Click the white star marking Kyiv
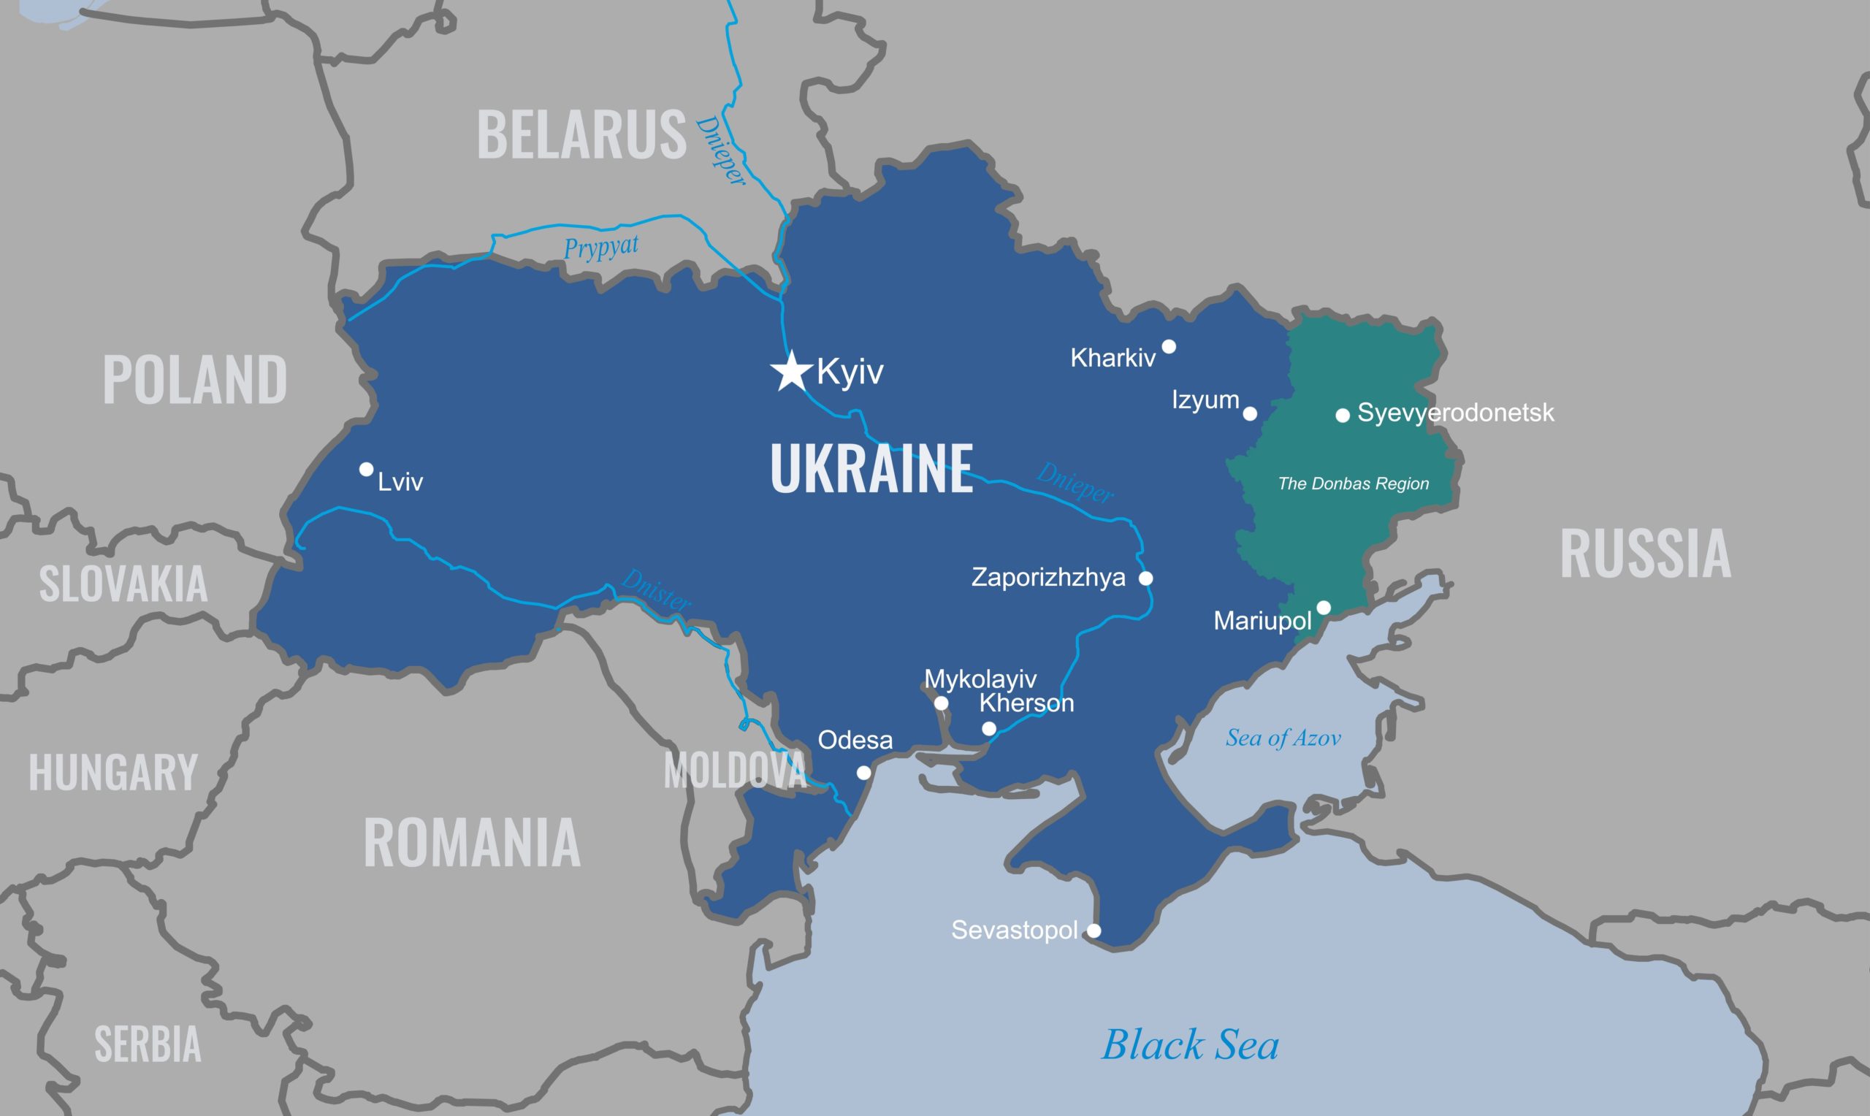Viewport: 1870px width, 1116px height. point(791,372)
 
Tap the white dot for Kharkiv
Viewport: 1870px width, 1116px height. point(1169,347)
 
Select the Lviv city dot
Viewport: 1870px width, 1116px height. point(366,470)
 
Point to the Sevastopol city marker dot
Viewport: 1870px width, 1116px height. point(1094,931)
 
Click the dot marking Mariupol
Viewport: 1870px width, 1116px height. point(1324,608)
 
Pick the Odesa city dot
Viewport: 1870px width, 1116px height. point(864,773)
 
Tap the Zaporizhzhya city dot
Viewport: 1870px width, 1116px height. point(1146,578)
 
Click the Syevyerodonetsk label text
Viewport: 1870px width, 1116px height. point(1455,413)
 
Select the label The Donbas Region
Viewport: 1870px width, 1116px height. point(1354,484)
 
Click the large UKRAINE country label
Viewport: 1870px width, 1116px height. point(871,470)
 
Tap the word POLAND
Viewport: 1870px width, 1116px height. point(195,380)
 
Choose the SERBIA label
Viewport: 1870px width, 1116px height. point(148,1044)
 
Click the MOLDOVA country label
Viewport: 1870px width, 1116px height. point(735,771)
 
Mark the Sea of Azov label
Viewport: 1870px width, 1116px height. point(1283,738)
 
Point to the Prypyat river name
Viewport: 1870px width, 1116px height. point(600,247)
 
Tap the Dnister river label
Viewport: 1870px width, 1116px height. point(656,590)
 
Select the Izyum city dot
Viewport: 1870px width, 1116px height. point(1250,413)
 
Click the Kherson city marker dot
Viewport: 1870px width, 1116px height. point(990,729)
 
